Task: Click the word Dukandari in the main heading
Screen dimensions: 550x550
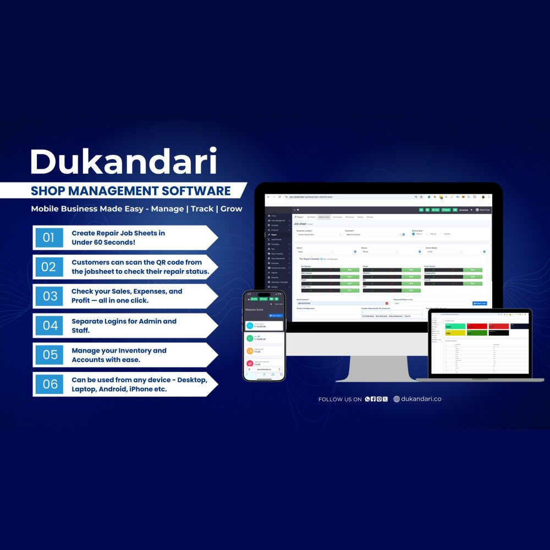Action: click(123, 162)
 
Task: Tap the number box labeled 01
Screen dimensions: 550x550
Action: click(49, 238)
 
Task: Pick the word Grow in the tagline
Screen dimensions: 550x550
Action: click(231, 209)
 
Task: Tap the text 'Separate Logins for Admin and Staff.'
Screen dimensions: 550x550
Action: click(124, 325)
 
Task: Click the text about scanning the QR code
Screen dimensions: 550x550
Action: click(140, 267)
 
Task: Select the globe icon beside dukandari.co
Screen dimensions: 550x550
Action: click(397, 399)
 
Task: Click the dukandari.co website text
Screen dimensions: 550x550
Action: click(421, 399)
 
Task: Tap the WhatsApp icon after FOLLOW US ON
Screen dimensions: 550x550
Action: click(367, 399)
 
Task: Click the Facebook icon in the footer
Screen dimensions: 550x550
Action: click(373, 399)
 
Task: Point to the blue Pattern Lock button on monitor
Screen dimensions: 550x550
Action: click(479, 303)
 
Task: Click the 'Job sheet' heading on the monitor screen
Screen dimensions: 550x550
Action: click(300, 224)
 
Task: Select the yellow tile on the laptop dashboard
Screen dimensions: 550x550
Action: click(455, 333)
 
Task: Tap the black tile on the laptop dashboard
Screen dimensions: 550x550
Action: click(498, 332)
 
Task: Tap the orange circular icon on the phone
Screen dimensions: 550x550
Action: click(250, 350)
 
